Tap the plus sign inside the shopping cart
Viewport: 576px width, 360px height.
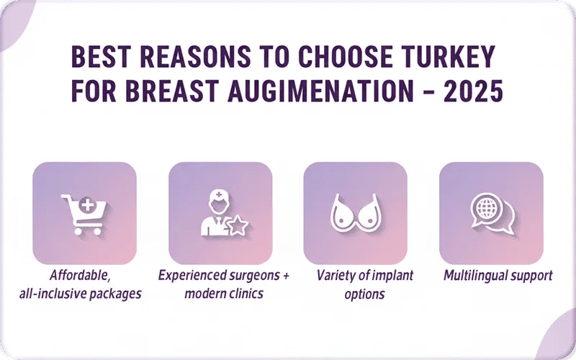[x=88, y=206]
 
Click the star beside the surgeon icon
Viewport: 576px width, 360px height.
[x=237, y=227]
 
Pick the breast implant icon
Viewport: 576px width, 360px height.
[x=355, y=214]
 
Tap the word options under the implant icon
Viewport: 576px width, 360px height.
[x=364, y=294]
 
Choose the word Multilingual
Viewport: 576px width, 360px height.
[x=475, y=275]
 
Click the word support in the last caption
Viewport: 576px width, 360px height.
[x=531, y=275]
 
